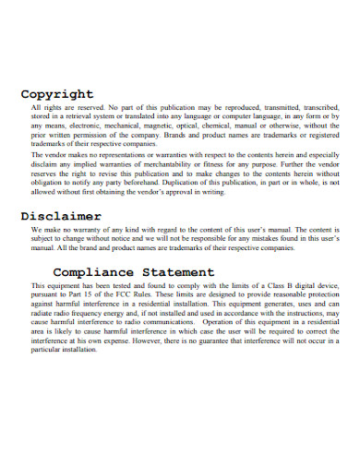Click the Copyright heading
[57, 94]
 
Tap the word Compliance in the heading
[94, 273]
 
